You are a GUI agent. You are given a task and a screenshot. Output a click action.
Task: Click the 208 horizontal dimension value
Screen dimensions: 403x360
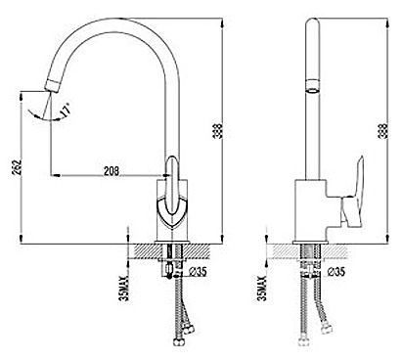(112, 171)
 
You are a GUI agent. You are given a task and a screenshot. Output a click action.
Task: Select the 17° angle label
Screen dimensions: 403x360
(66, 111)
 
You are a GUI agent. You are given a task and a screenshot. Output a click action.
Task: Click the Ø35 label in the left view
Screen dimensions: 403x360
(198, 271)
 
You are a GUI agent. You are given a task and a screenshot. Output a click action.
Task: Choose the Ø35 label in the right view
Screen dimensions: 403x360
(336, 271)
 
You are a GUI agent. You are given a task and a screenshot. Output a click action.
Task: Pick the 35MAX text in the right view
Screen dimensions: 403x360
(262, 288)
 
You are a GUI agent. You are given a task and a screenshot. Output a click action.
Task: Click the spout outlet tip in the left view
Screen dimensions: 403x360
(51, 86)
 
